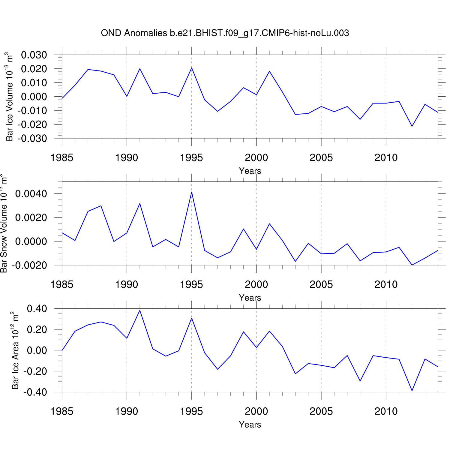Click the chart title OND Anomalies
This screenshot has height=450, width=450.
pos(225,33)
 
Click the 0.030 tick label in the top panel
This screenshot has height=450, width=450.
pos(34,55)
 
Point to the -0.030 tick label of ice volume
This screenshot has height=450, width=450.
pos(32,139)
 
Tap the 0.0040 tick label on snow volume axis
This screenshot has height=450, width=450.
pos(31,194)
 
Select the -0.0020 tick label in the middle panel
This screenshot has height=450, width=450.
pos(29,265)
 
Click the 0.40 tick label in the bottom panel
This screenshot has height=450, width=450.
pos(37,309)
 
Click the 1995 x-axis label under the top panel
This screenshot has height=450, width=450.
pos(191,158)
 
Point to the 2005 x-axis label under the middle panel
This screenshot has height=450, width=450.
pos(321,285)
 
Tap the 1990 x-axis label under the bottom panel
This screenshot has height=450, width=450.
pos(127,412)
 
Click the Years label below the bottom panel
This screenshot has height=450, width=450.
pos(250,425)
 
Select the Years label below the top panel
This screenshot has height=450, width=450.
pos(250,171)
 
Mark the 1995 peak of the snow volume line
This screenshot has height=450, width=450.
pos(191,192)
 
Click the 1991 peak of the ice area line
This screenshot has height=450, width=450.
pos(140,310)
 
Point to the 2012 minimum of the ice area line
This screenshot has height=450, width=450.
pos(412,391)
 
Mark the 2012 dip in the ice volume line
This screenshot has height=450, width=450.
pos(412,126)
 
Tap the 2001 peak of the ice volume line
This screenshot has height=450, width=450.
pos(269,71)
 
